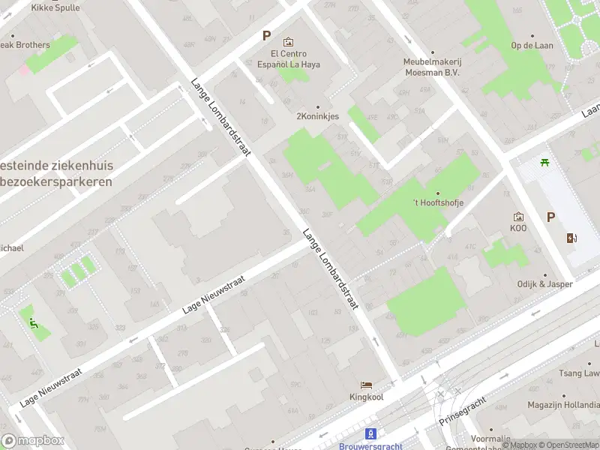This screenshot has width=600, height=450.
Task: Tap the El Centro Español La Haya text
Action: click(x=288, y=58)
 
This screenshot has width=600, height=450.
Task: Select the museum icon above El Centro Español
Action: click(x=288, y=42)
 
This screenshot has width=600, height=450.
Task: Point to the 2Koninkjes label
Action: click(x=318, y=116)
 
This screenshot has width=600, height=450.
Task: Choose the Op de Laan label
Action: click(x=532, y=45)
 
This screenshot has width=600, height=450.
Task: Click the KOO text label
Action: click(x=518, y=228)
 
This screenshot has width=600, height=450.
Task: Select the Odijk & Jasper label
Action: click(x=544, y=284)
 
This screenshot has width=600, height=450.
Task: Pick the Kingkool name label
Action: click(x=366, y=397)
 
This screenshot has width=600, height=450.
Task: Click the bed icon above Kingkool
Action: click(x=366, y=384)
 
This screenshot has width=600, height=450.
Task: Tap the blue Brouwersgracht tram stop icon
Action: click(x=370, y=433)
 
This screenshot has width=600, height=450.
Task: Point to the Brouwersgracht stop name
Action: click(x=370, y=445)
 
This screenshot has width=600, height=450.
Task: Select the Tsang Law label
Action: click(x=581, y=373)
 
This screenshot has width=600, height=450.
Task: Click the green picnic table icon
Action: click(x=545, y=162)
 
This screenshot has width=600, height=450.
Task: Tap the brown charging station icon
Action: click(x=572, y=238)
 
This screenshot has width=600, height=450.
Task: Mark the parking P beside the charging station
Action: click(x=550, y=217)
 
